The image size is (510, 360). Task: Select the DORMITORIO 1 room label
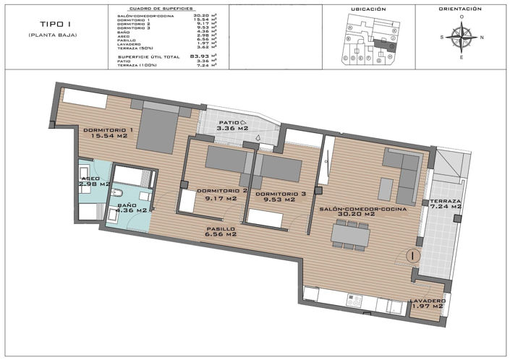point(109,130)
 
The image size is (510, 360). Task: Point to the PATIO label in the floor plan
point(229,123)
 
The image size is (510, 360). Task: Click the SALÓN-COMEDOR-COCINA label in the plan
point(363,208)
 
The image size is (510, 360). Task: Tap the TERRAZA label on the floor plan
point(446,201)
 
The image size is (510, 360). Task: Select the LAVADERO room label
point(428,301)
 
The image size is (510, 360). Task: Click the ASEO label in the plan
point(91,178)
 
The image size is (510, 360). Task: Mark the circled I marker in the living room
point(411,255)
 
